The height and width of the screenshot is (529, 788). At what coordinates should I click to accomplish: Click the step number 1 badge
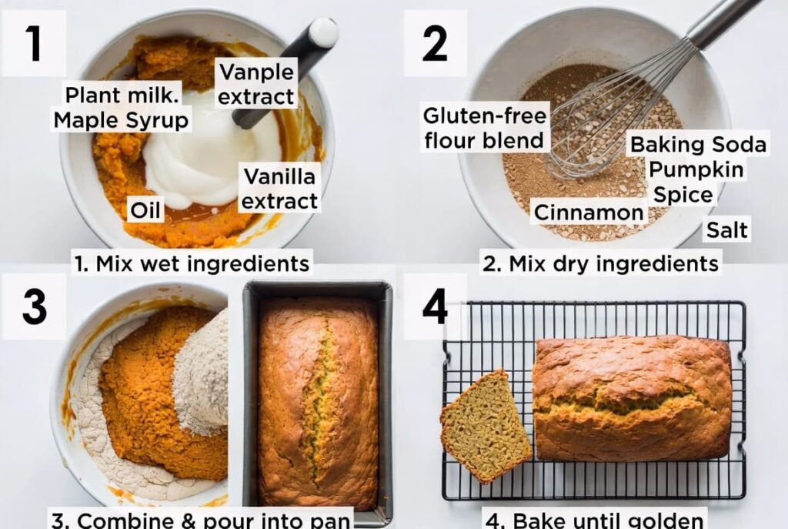(34, 43)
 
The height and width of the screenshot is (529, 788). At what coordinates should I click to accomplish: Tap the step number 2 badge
(435, 43)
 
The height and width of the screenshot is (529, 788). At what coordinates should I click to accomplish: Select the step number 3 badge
(34, 306)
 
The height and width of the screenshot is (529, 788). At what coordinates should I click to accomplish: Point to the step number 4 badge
(435, 306)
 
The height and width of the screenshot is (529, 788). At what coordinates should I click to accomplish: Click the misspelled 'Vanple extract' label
(256, 84)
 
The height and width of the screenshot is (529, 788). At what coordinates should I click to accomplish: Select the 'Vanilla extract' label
(279, 189)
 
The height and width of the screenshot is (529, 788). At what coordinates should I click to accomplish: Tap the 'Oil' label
(145, 209)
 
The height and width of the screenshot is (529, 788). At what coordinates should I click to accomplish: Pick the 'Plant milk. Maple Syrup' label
(121, 108)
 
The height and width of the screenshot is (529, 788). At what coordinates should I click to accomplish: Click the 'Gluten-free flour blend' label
(485, 128)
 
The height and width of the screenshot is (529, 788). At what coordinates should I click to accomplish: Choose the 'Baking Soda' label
(698, 144)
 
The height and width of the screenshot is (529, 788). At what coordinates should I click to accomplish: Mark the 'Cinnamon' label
(589, 212)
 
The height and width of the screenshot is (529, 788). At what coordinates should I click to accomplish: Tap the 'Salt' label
(727, 229)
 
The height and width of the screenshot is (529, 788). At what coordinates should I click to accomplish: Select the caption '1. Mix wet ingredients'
(192, 263)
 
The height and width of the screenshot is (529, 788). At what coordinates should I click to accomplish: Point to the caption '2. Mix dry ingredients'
(600, 263)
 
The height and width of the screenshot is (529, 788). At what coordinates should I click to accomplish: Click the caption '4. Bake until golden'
(595, 518)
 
